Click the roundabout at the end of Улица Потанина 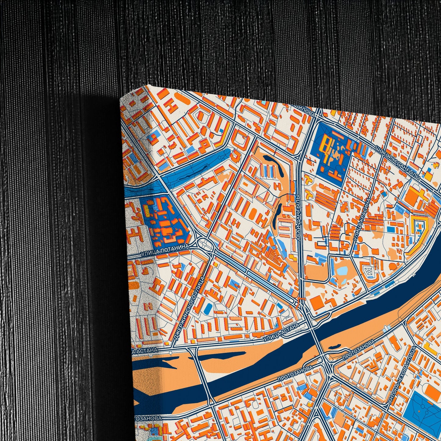point(204,244)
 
